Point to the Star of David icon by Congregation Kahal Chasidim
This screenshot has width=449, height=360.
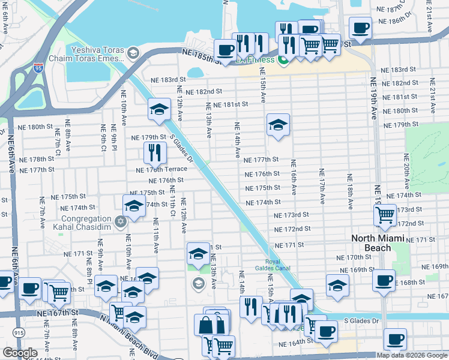click(120, 223)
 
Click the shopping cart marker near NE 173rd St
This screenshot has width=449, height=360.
click(384, 214)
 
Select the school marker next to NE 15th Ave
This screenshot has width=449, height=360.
click(278, 124)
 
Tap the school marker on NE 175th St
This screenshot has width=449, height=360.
click(134, 205)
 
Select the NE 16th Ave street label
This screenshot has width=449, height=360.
click(294, 177)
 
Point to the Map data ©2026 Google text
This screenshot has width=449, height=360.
click(412, 355)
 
